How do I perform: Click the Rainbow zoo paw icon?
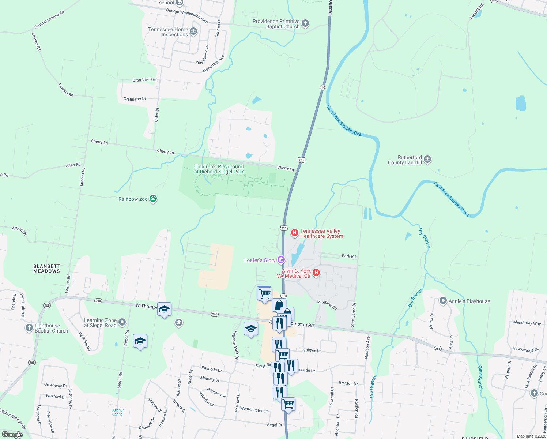(154, 199)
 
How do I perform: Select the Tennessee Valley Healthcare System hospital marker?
(294, 233)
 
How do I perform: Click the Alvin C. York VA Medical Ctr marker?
(316, 273)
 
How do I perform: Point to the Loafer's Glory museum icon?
(281, 260)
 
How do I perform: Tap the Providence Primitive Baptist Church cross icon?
(305, 23)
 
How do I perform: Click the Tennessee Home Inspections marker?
(193, 31)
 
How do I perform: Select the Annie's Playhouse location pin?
(443, 301)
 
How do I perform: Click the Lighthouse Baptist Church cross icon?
(29, 328)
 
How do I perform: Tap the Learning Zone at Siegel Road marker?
(122, 322)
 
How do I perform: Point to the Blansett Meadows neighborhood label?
(46, 269)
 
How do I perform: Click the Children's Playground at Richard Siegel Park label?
(219, 169)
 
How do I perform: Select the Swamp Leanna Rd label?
(49, 19)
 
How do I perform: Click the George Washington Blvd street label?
(187, 16)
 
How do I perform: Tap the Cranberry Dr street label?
(135, 99)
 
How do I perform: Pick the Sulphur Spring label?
(117, 412)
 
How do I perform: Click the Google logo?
(12, 435)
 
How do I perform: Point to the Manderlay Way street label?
(527, 323)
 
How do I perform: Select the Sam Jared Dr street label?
(353, 315)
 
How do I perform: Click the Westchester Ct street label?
(254, 410)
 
